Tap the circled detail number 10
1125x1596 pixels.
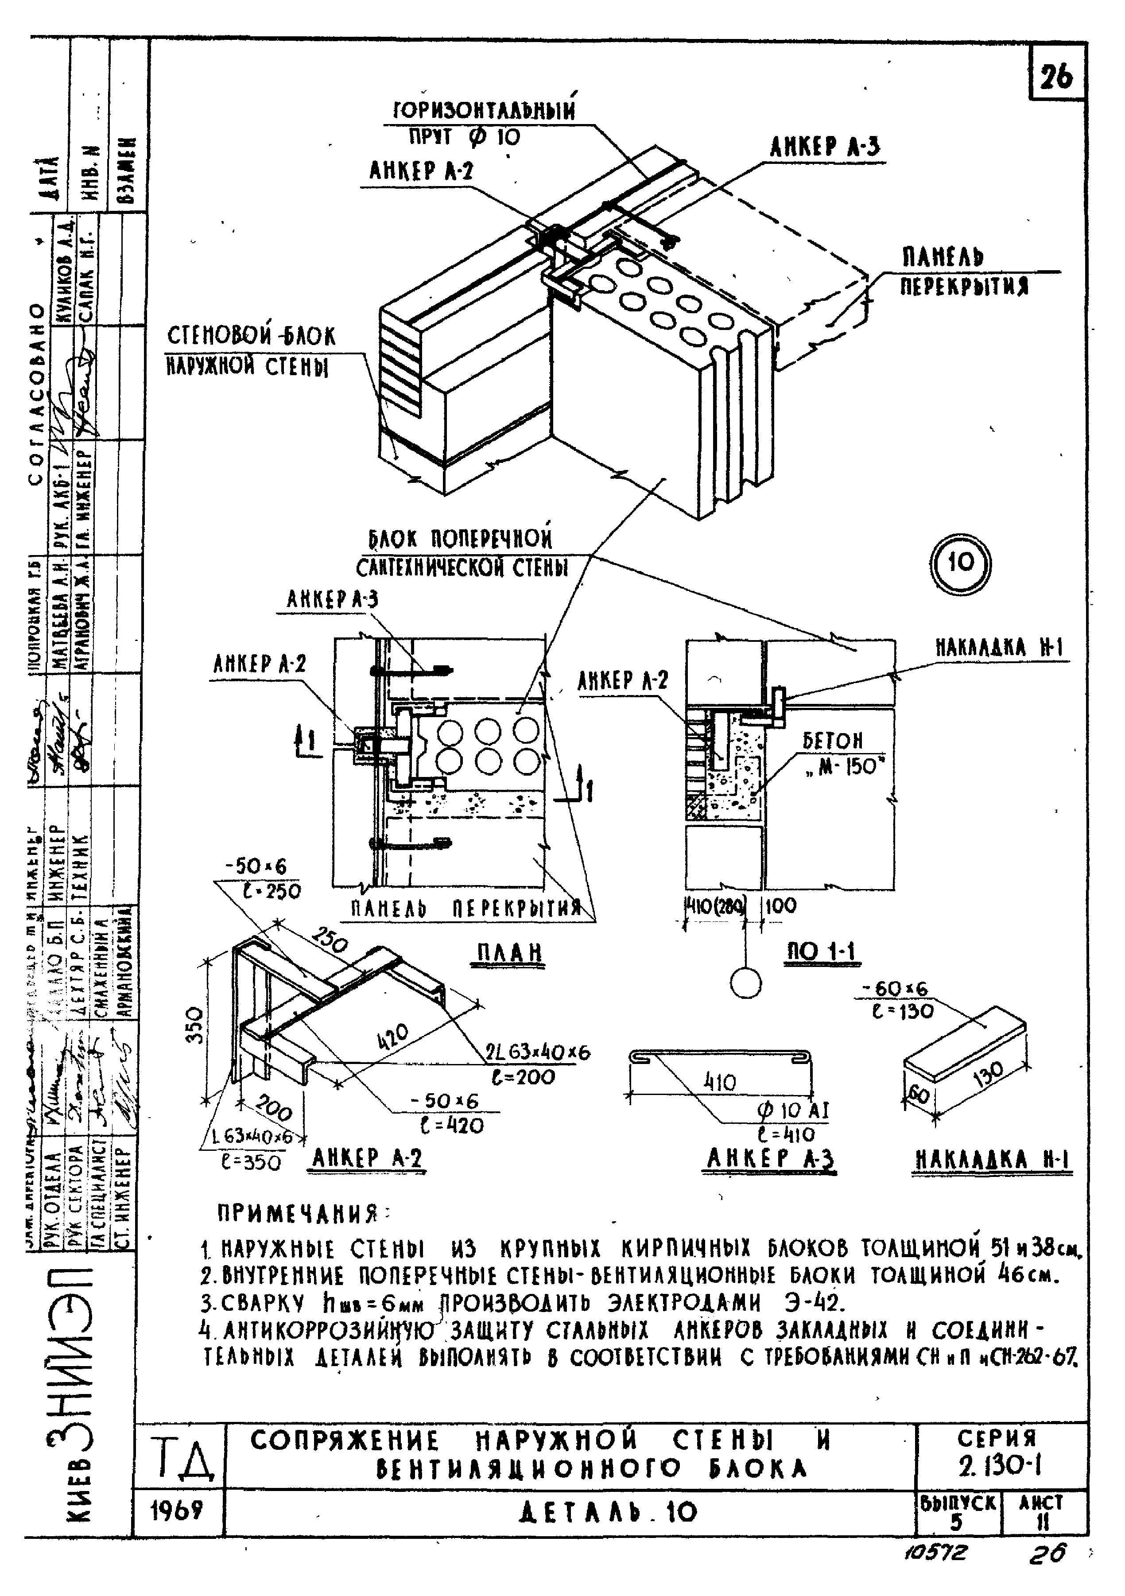click(x=961, y=563)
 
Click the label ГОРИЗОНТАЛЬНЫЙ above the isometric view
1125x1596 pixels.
click(x=485, y=111)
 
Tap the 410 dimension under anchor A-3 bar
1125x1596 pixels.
click(x=721, y=1082)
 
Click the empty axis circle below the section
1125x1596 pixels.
click(x=745, y=983)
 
